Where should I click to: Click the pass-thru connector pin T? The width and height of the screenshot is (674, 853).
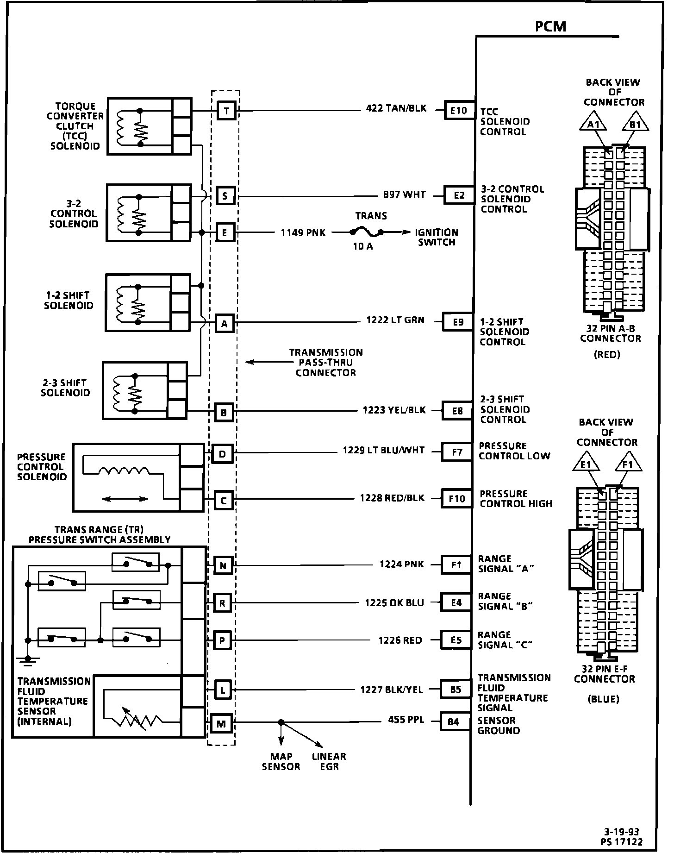coord(226,111)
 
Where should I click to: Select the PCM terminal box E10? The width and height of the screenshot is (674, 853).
coord(459,111)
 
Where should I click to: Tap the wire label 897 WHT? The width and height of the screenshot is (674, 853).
coord(404,195)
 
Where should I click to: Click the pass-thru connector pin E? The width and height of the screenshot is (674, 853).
coord(225,232)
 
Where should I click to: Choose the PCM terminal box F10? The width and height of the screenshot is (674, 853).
coord(456,499)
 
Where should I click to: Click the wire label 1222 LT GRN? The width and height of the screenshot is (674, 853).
coord(395,320)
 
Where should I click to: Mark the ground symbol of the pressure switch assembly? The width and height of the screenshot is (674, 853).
coord(28,660)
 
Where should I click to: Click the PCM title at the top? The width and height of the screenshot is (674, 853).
coord(550,26)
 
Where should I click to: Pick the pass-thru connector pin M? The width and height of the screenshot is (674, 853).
coord(221,723)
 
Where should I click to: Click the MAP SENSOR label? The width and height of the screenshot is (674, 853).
coord(281,762)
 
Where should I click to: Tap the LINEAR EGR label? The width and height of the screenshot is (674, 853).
coord(329,762)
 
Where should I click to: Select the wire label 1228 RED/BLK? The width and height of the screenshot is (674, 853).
coord(392,498)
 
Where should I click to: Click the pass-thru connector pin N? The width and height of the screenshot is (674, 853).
coord(223,565)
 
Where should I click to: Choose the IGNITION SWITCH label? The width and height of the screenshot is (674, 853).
coord(436,237)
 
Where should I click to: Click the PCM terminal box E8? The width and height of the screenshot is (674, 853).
coord(457,411)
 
